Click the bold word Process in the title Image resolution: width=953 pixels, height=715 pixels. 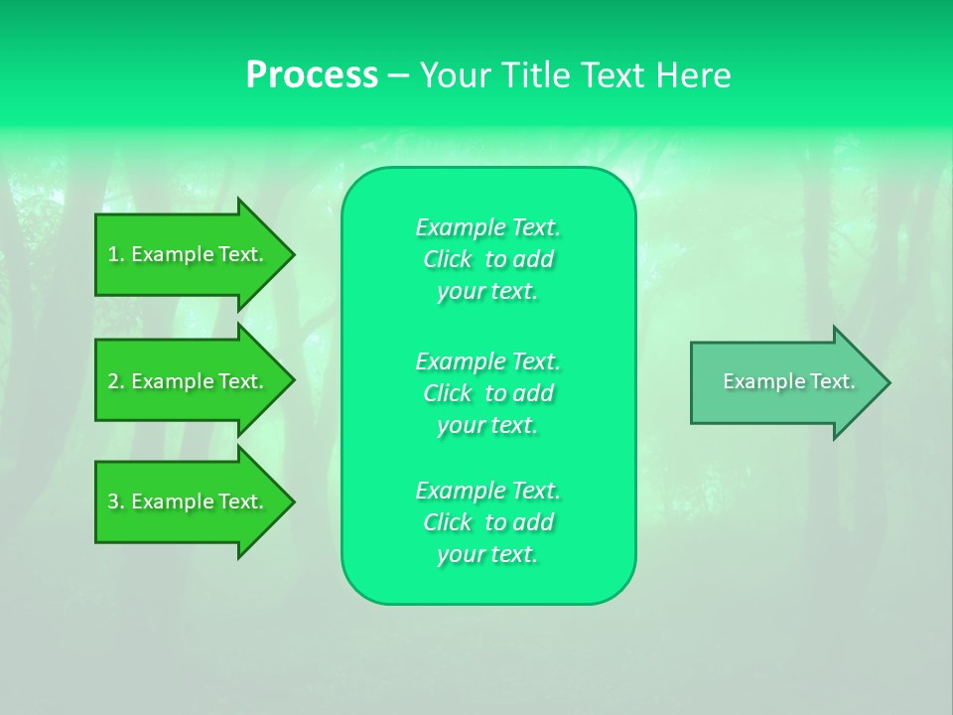312,75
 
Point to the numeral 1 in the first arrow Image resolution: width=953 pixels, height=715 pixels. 113,254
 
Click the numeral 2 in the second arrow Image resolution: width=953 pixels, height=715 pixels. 113,381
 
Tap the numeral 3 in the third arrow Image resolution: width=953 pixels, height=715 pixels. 113,502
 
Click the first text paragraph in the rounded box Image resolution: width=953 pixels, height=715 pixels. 487,259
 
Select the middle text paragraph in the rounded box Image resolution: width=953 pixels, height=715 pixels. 487,393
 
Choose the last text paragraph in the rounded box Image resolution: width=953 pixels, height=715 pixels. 487,522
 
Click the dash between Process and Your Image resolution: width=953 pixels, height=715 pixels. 399,75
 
